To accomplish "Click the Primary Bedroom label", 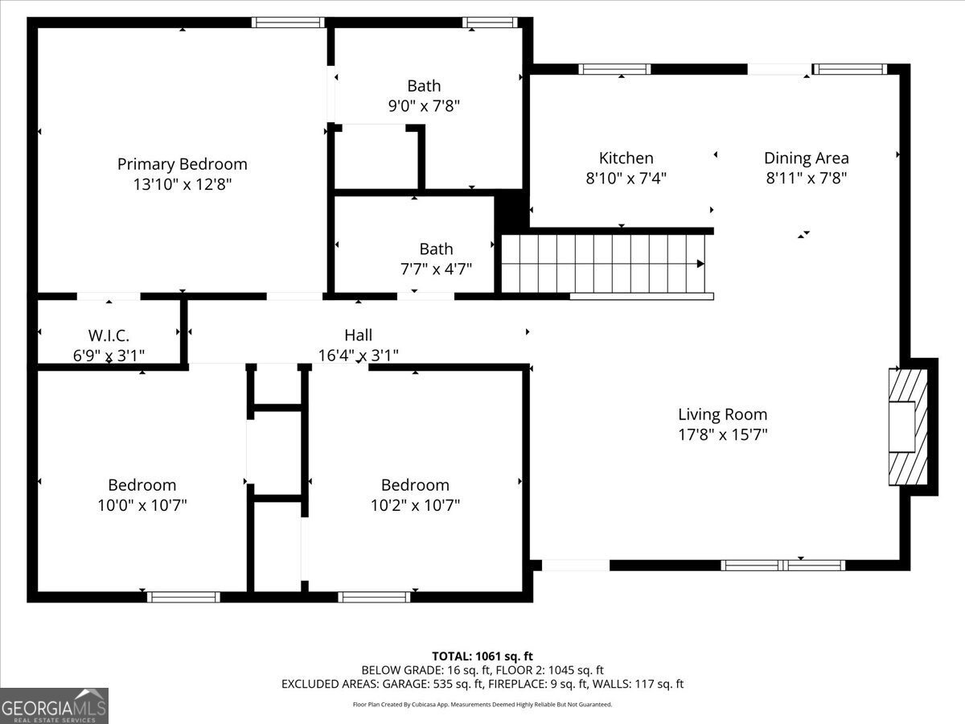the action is click(182, 164).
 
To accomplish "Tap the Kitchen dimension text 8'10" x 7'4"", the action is click(626, 178).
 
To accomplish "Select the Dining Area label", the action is click(807, 158).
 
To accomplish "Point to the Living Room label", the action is click(722, 414).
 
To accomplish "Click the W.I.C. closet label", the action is click(109, 335).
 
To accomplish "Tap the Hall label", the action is click(359, 335).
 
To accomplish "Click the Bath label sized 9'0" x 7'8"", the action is click(424, 86).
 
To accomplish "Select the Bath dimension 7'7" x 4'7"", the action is click(436, 269).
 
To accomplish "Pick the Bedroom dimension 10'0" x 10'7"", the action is click(142, 505).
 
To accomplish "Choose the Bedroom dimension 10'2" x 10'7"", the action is click(415, 505).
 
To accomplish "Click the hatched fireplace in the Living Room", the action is click(908, 427).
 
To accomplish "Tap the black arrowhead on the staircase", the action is click(700, 264).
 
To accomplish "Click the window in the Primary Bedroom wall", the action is click(288, 23).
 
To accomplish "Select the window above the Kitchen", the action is click(614, 69).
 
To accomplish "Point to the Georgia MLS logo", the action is click(54, 705).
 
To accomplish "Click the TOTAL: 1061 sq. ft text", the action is click(482, 656).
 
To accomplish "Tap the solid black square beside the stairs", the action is click(511, 211).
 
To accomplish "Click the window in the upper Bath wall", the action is click(490, 23).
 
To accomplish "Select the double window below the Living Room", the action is click(782, 566).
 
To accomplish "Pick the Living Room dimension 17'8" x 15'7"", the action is click(722, 434).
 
